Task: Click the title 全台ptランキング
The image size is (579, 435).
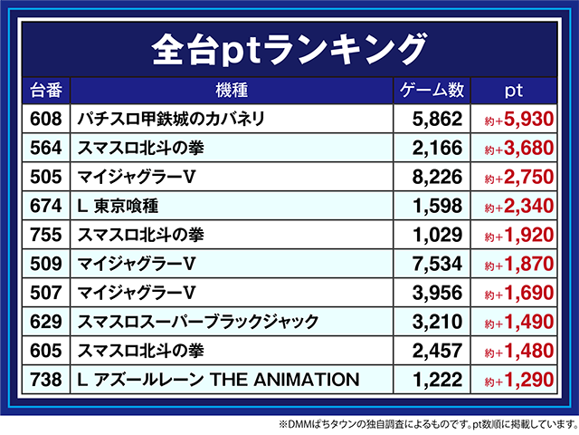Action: click(289, 45)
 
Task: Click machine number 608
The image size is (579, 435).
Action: click(44, 119)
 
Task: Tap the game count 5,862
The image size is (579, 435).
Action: click(437, 119)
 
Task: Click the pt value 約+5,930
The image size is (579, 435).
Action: click(518, 119)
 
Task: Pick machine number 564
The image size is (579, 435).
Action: click(44, 148)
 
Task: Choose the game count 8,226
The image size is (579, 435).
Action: click(437, 177)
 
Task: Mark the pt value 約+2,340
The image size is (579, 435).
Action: click(518, 206)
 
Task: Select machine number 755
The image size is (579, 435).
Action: click(44, 235)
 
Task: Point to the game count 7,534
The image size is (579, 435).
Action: click(437, 264)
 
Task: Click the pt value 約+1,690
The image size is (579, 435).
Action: click(518, 293)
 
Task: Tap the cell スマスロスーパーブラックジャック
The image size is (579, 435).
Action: click(198, 322)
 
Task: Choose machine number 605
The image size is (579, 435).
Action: click(44, 351)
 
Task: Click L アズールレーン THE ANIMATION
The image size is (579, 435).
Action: click(218, 380)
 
